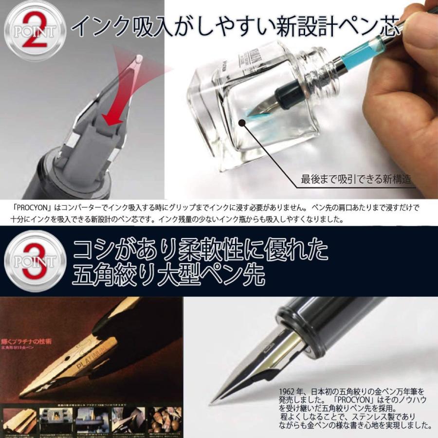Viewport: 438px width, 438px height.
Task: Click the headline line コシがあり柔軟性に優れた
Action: point(200,251)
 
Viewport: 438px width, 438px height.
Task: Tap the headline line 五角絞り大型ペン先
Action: point(167,276)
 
